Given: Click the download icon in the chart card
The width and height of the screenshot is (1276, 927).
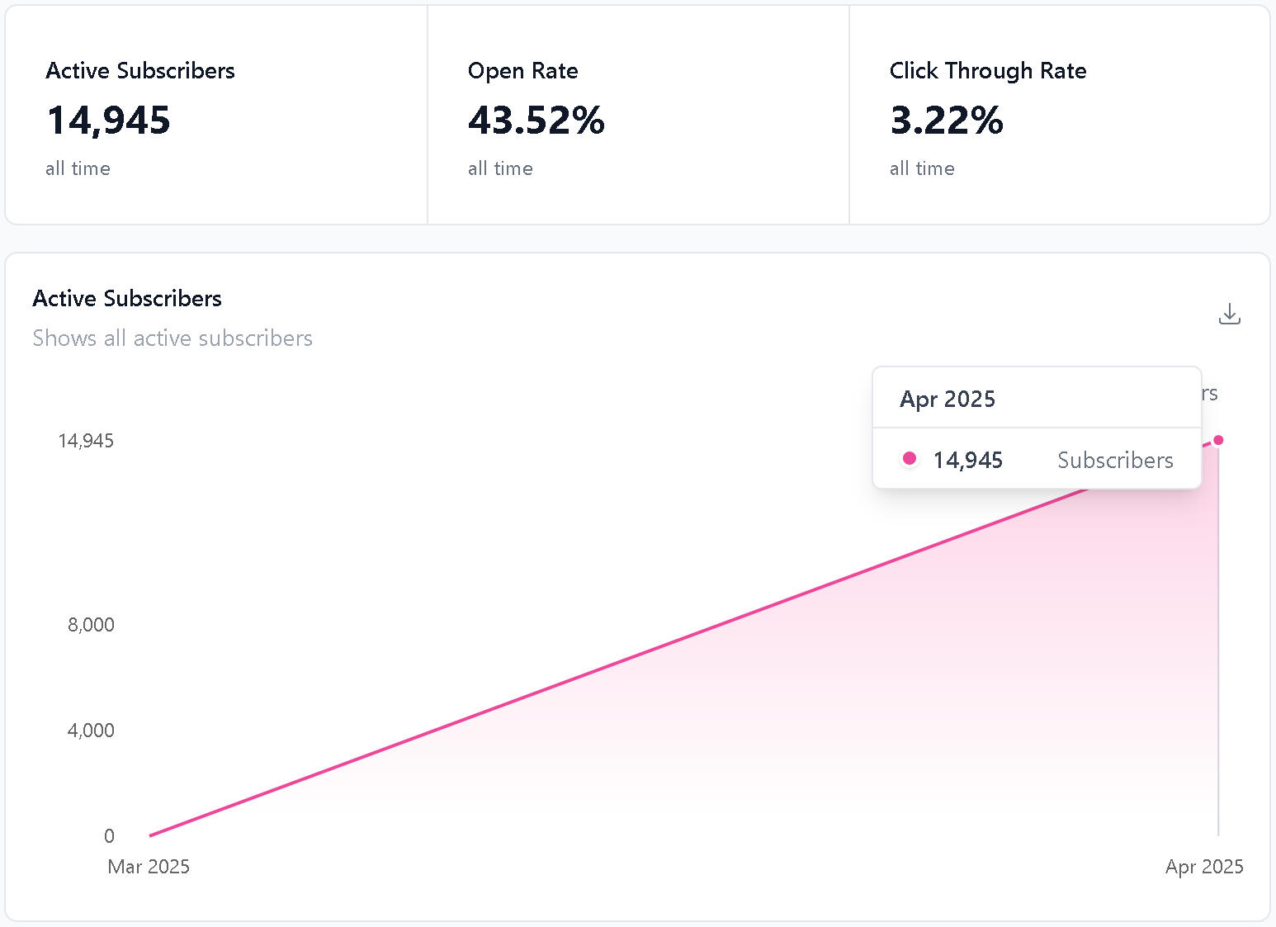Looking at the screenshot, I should point(1229,315).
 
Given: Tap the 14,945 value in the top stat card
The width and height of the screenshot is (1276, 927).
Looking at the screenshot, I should point(108,121).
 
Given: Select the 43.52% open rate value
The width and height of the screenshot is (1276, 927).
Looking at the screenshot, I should point(536,121).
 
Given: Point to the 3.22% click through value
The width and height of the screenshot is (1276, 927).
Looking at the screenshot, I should point(946,121).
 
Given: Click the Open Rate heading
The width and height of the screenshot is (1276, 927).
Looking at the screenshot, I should point(522,71).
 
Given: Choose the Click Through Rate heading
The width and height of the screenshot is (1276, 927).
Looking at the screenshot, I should point(987,71).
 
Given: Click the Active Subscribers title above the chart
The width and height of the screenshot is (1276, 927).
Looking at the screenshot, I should point(127,299).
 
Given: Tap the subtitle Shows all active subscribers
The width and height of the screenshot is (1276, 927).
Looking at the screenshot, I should point(172,338).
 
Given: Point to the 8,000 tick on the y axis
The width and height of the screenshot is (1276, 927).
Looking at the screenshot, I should point(91,625).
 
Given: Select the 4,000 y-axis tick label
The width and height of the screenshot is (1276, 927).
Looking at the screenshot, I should point(91,731).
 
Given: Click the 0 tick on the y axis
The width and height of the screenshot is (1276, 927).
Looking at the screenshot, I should point(109,836).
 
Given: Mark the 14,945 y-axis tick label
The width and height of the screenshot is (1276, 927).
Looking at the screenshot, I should point(86,441).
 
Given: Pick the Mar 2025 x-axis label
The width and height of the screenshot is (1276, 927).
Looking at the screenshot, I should point(149,867).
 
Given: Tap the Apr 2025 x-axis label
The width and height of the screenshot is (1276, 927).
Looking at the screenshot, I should point(1203,867).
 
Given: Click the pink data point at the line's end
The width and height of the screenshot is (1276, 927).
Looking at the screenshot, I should point(1218,440).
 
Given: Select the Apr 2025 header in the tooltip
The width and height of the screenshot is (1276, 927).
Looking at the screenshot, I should point(948,400).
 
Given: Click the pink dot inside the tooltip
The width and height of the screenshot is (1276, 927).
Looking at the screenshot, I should point(909,458).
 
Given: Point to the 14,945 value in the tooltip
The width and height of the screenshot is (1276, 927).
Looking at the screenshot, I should point(967,461).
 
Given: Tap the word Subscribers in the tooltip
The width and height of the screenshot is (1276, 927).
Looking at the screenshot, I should point(1115,461).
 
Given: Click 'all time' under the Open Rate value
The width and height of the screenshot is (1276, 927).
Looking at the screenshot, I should point(500,169).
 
